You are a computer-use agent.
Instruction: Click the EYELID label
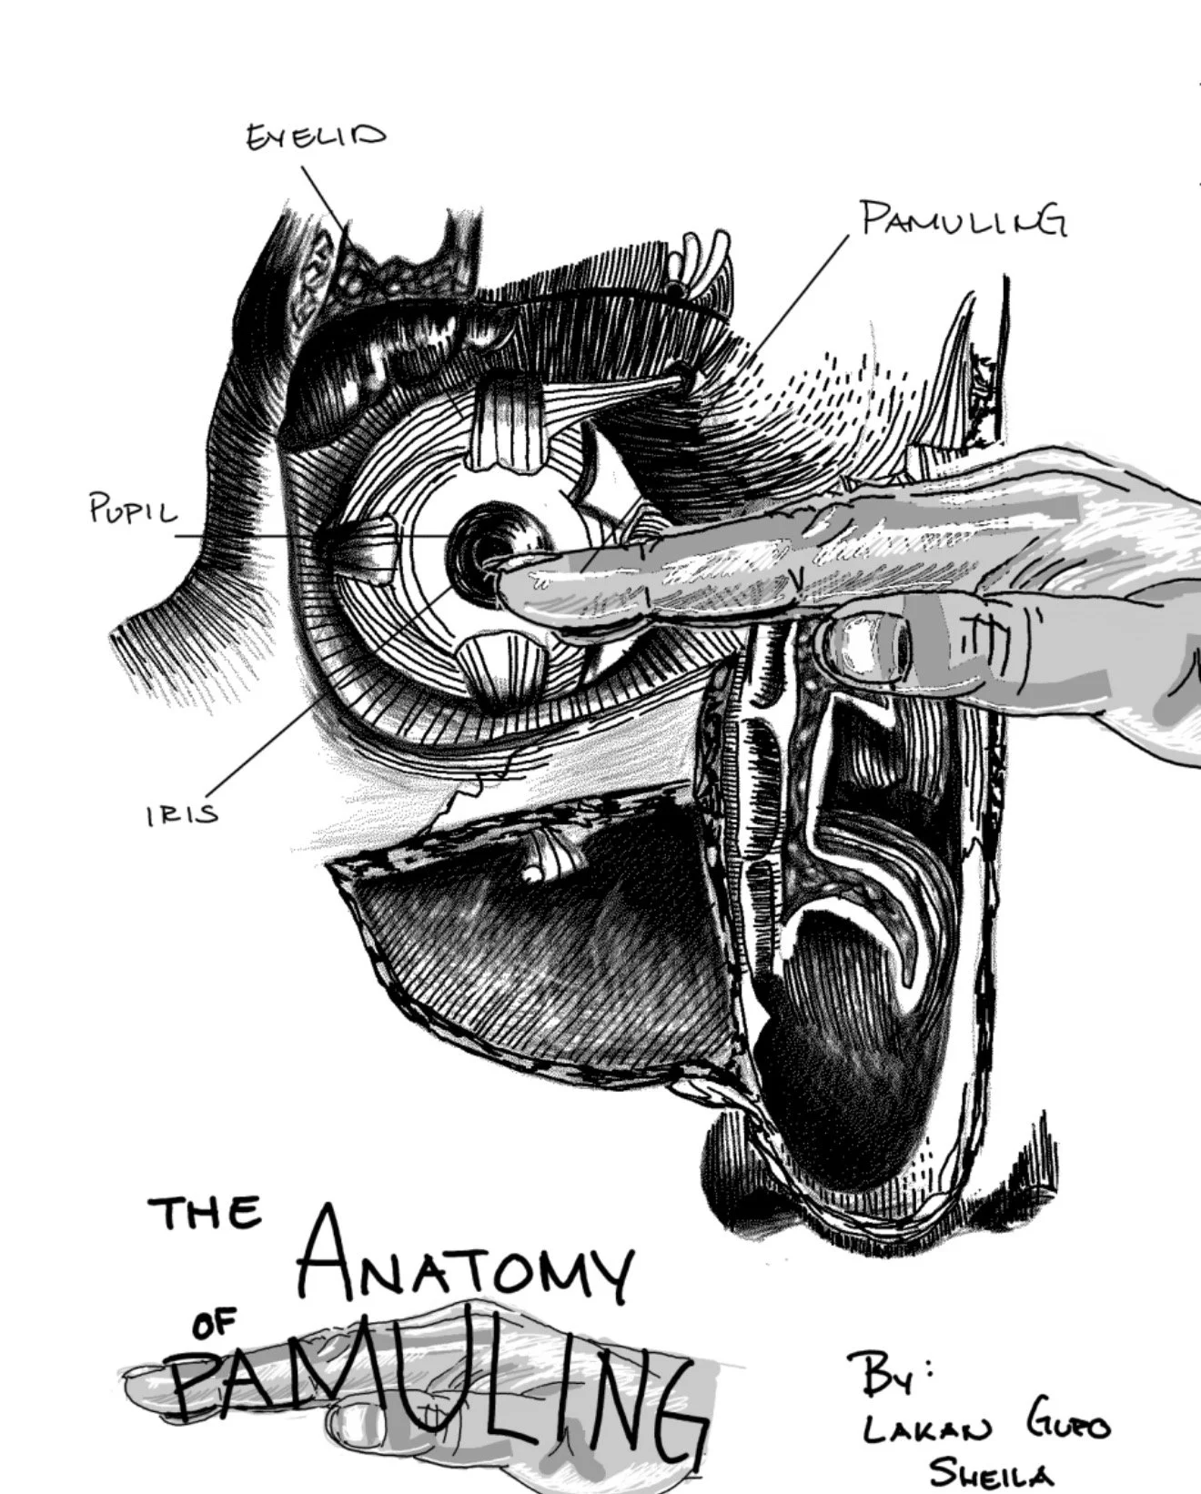click(x=316, y=137)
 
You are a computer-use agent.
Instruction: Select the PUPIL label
click(x=133, y=511)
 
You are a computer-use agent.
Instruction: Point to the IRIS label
click(x=182, y=813)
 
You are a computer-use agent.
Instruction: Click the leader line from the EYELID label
click(x=324, y=196)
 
